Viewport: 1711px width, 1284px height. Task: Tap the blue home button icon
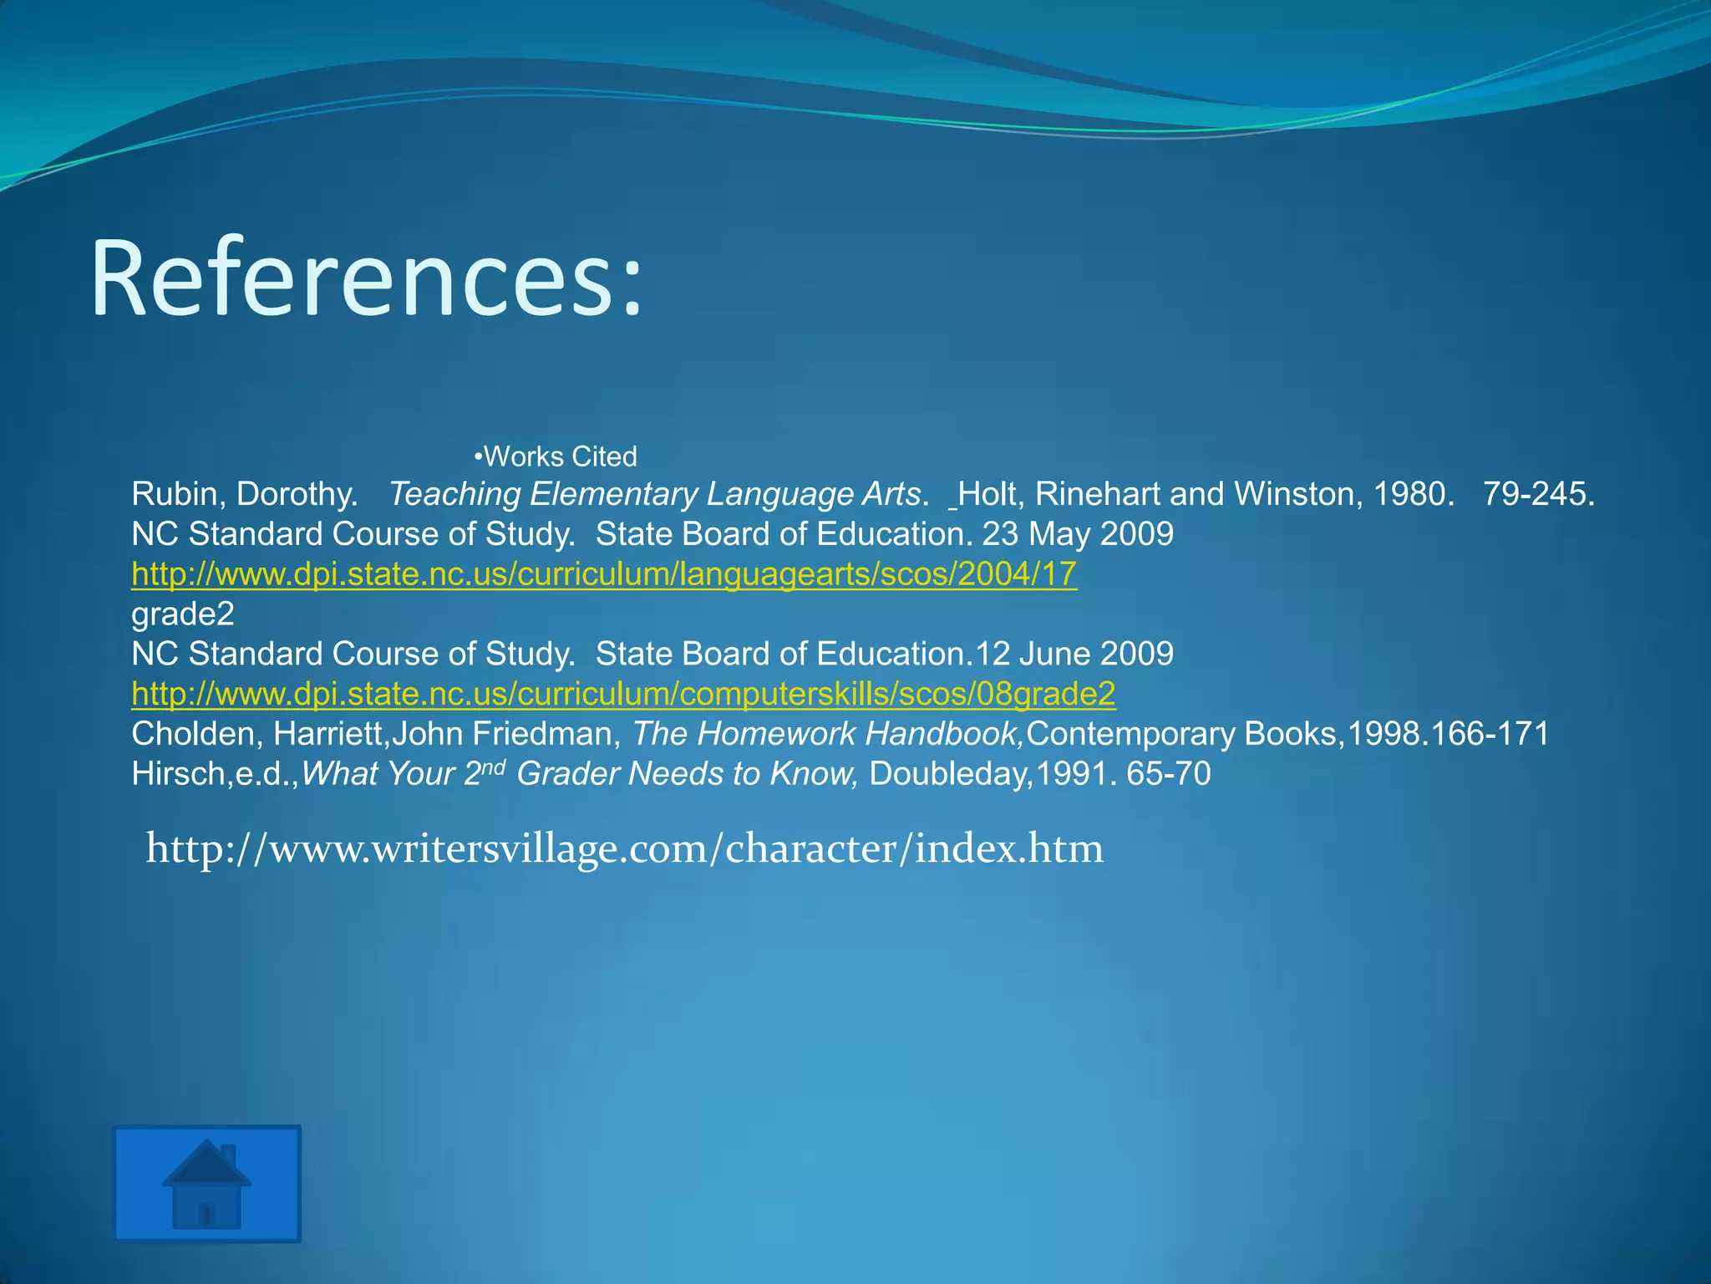pos(207,1183)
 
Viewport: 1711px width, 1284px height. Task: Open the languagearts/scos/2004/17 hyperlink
pos(604,574)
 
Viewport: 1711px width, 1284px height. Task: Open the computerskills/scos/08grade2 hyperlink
pos(623,694)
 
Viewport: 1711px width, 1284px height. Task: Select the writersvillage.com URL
pos(625,848)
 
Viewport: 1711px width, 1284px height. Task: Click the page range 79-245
pos(1538,494)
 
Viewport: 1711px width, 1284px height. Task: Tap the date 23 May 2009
pos(1077,534)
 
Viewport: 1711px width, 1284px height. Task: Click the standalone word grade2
pos(183,614)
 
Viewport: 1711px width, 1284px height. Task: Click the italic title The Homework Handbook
pos(827,734)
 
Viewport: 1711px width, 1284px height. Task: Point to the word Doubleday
pos(947,774)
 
